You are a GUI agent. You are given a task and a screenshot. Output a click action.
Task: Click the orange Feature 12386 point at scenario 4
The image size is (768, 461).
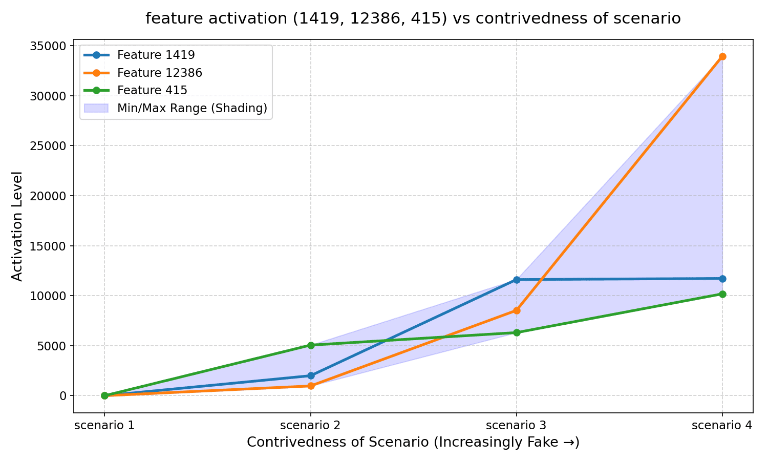(722, 56)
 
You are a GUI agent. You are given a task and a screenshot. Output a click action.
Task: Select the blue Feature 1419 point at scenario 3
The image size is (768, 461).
(517, 280)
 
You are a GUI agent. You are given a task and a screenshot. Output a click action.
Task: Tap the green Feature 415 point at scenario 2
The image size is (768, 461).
(311, 345)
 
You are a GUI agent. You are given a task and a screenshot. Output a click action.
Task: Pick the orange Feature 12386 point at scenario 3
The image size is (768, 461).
(517, 310)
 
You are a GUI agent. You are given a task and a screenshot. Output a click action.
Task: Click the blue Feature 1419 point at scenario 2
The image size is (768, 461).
(311, 375)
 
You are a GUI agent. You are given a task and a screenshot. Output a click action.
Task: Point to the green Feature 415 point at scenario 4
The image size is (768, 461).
(722, 294)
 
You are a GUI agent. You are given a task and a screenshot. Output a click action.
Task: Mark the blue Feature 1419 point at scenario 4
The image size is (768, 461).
(722, 279)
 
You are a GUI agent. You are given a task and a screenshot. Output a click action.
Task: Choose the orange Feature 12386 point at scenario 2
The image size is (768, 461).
(311, 386)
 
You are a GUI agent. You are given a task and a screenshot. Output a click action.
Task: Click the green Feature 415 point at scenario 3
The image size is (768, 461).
(517, 332)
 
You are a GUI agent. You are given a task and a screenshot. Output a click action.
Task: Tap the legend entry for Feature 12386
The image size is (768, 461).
(159, 73)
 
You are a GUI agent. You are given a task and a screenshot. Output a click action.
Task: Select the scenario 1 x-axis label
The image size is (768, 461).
(104, 425)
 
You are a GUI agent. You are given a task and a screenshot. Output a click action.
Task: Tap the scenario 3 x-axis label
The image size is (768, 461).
(517, 425)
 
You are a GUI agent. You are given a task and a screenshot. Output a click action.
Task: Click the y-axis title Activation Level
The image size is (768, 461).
(17, 226)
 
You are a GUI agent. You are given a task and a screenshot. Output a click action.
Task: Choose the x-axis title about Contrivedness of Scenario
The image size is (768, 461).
(413, 442)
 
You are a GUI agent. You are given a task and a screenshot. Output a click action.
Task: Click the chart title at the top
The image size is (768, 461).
(413, 18)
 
